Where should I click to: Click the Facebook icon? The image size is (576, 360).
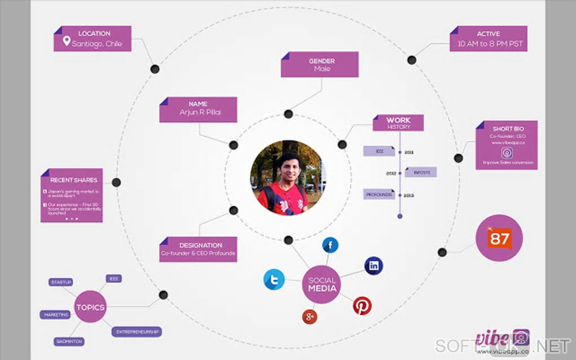[x=330, y=245]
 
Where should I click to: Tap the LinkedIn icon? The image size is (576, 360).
[x=374, y=265]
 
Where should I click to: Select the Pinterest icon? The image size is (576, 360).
[x=362, y=306]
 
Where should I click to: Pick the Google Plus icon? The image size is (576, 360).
[x=309, y=317]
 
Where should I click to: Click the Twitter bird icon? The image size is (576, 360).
[x=274, y=279]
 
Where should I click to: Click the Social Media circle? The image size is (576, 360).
[x=322, y=284]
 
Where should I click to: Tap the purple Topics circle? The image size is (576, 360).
[x=90, y=307]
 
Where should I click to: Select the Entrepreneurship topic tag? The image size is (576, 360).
[x=137, y=332]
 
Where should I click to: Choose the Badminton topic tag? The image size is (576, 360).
[x=69, y=341]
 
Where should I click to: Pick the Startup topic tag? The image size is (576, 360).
[x=61, y=282]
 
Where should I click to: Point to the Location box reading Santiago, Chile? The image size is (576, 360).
[x=93, y=39]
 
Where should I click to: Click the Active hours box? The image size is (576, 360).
[x=489, y=39]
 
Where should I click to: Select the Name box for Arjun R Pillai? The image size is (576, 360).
[x=199, y=109]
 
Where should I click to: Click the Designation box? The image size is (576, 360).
[x=198, y=249]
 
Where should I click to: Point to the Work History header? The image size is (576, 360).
[x=399, y=123]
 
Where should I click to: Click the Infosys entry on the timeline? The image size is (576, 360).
[x=420, y=173]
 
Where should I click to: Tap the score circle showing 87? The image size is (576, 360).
[x=499, y=238]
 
